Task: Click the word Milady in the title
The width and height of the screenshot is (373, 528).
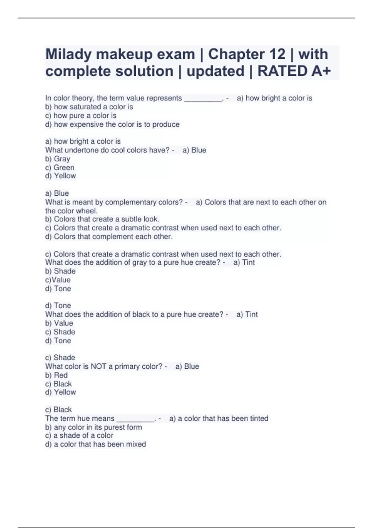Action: point(68,55)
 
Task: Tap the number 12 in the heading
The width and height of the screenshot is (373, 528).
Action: point(277,55)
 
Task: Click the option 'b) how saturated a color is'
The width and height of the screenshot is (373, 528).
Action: point(89,107)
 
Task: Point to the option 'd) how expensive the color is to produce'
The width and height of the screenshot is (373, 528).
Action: point(112,125)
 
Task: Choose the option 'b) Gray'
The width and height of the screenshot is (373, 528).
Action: point(58,159)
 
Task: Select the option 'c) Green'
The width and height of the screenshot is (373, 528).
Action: point(60,168)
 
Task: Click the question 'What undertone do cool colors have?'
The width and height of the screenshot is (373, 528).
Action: point(107,150)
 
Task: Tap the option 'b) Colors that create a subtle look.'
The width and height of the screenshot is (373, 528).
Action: point(102,219)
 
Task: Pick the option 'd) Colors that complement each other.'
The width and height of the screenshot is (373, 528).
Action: point(109,237)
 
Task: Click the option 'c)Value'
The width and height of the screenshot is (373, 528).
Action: point(58,280)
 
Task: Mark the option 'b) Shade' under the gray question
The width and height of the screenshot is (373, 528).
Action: point(60,271)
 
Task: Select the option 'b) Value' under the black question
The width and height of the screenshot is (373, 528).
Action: point(59,323)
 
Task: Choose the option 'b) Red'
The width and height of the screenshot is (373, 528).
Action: point(57,375)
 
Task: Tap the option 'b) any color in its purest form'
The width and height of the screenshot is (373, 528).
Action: point(94,427)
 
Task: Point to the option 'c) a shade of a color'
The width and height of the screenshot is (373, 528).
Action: point(79,435)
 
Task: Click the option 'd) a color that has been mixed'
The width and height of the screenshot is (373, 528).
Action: point(95,444)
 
